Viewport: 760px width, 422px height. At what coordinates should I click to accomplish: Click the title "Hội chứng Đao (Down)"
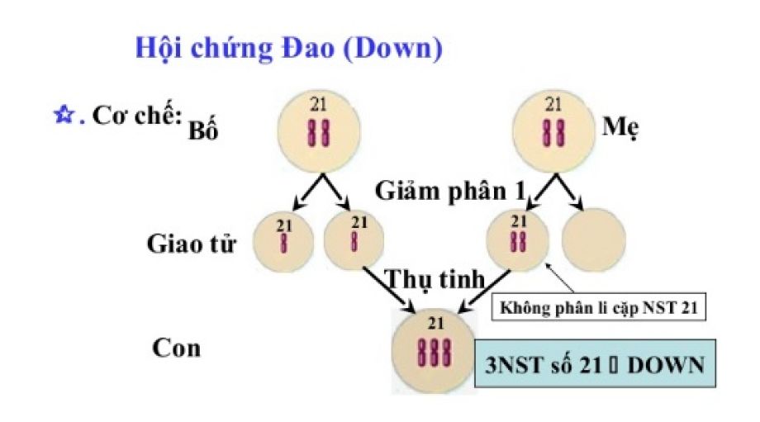pos(288,48)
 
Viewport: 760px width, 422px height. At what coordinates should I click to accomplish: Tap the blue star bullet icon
pos(62,116)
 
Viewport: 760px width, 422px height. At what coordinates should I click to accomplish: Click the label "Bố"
pos(202,131)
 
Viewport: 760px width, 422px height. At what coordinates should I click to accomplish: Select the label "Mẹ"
pos(622,128)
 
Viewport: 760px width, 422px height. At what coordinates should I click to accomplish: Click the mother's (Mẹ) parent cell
pos(554,130)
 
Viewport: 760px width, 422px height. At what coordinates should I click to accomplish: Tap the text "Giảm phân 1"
pos(451,191)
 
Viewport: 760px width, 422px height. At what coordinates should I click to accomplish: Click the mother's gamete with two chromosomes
pos(519,240)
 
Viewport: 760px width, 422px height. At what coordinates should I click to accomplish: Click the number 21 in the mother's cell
pos(553,104)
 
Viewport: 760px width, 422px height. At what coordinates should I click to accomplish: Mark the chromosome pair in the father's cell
pos(318,132)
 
